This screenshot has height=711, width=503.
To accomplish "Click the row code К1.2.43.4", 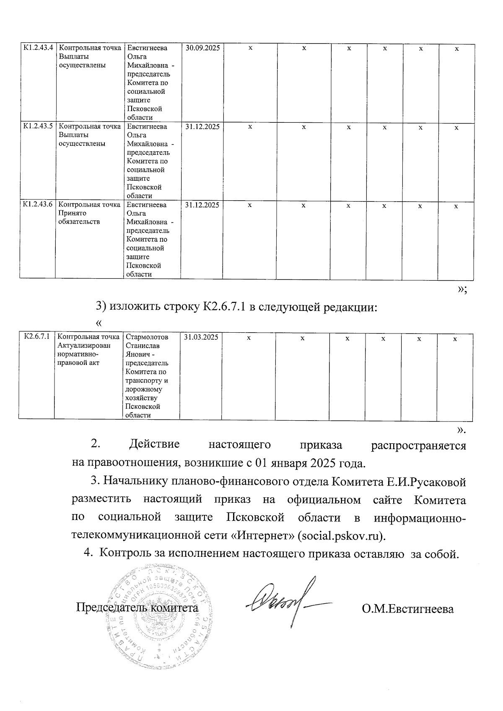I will (37, 48).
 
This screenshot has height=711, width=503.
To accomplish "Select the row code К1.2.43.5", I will (37, 126).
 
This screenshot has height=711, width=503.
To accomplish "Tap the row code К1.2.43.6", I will (37, 204).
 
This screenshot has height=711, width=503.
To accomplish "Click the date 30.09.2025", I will (202, 48).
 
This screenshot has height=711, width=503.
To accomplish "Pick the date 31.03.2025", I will (201, 337).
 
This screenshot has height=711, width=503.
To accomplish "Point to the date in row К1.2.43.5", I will (202, 126).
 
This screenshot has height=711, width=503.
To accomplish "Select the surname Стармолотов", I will (147, 337).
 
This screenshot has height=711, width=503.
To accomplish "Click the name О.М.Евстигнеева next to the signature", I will (408, 608).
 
